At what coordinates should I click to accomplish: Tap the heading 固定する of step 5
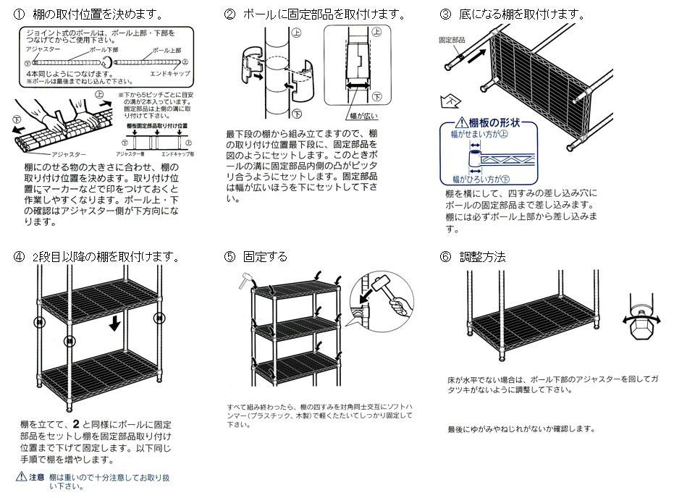pyautogui.click(x=265, y=256)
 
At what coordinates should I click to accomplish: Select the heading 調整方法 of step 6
pyautogui.click(x=482, y=256)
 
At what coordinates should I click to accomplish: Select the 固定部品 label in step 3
pyautogui.click(x=452, y=41)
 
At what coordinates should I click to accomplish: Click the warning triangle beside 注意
pyautogui.click(x=21, y=478)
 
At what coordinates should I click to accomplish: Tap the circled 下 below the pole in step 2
pyautogui.click(x=296, y=114)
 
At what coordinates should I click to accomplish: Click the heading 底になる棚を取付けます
pyautogui.click(x=521, y=14)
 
